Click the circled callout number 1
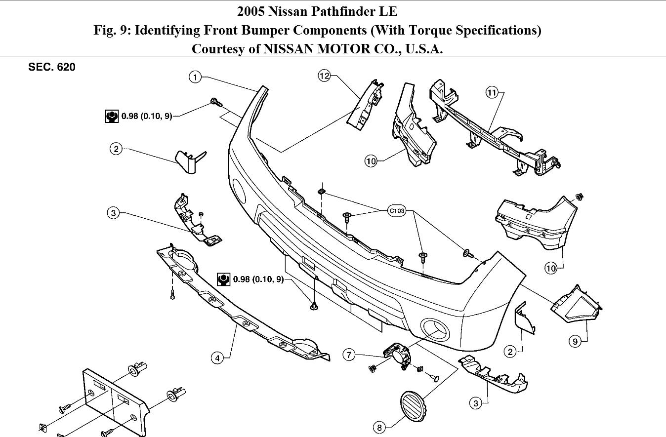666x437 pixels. tap(196, 77)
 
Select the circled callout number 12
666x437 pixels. tap(324, 76)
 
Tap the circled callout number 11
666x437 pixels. tap(492, 92)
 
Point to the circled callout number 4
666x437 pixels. tap(217, 358)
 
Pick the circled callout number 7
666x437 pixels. tap(349, 354)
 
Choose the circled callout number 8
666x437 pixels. tap(379, 427)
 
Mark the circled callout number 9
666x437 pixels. tap(575, 341)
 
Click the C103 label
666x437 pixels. tap(396, 211)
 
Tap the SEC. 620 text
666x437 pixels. tap(52, 67)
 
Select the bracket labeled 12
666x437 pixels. tap(366, 105)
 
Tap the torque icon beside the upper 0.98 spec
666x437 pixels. tap(112, 117)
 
